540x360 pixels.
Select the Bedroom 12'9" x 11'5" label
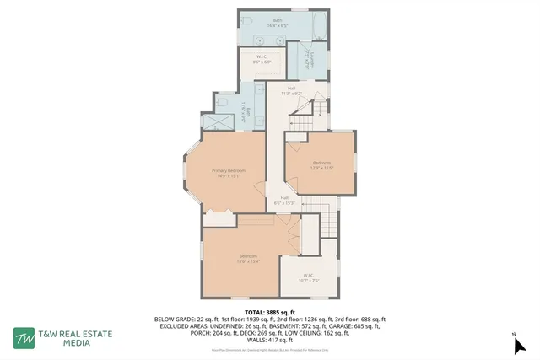coord(322,165)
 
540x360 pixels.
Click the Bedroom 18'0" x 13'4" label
coord(247,258)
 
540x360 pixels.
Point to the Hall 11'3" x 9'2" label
coord(291,90)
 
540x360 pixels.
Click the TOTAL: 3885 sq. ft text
coord(269,312)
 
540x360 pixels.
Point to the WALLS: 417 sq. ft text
coord(269,340)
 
